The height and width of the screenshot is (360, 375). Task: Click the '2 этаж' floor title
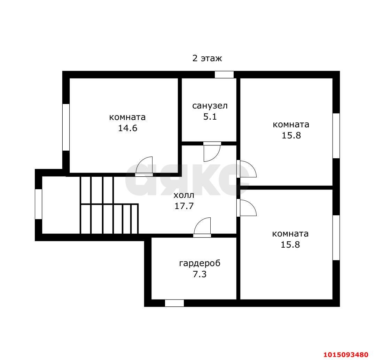207,58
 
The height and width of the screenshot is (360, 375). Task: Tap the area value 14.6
128,128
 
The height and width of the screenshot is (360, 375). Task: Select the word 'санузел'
210,106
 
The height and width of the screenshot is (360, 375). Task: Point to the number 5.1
210,117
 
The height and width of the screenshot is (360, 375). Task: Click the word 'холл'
184,195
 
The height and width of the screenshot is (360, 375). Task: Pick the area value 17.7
184,206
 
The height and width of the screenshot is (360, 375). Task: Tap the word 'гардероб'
200,263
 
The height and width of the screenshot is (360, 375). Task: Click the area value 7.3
200,274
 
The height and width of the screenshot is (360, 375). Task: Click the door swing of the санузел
212,152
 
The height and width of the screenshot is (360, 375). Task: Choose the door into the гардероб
202,227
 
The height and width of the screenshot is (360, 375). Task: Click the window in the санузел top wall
224,74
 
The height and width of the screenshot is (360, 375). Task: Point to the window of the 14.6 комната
66,127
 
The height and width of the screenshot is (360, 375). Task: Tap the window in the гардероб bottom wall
174,303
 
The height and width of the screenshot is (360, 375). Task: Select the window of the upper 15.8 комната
336,136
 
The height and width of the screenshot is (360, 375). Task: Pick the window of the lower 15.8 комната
336,238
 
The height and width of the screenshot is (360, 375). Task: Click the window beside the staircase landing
39,204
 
